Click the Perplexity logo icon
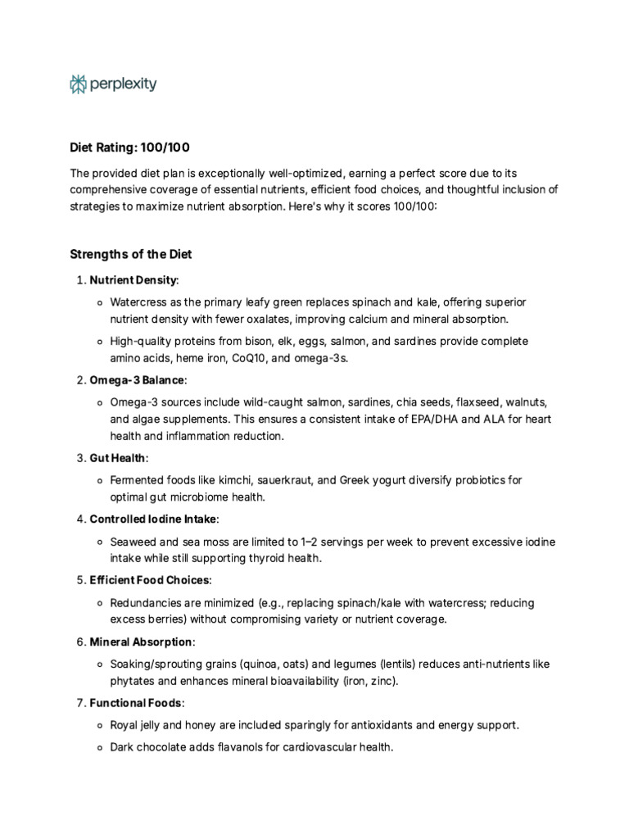pyautogui.click(x=78, y=84)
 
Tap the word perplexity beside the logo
pyautogui.click(x=124, y=84)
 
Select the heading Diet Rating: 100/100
pyautogui.click(x=129, y=147)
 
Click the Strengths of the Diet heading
pyautogui.click(x=130, y=254)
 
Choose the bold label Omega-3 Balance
pyautogui.click(x=137, y=380)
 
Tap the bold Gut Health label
pyautogui.click(x=117, y=458)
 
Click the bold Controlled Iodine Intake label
pyautogui.click(x=153, y=519)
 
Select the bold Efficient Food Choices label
pyautogui.click(x=149, y=580)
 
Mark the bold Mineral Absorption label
pyautogui.click(x=141, y=642)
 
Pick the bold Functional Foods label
pyautogui.click(x=136, y=703)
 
